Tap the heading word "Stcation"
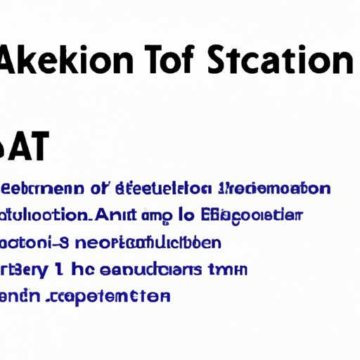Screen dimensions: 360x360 [281, 63]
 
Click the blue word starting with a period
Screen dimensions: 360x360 [108, 297]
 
